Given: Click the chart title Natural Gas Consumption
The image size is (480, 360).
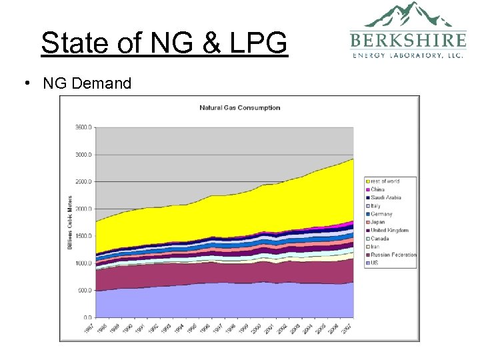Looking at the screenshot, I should [240, 108].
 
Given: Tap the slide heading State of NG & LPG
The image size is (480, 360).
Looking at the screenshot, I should [164, 43].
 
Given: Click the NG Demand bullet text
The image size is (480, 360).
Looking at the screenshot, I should [87, 83].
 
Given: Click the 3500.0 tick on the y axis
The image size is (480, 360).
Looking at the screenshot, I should [83, 127].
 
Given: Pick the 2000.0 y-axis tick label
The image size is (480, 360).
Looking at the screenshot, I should [83, 209].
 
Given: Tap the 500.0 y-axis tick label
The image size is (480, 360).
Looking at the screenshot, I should [85, 290].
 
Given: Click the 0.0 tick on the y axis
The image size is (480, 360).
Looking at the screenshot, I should [87, 317].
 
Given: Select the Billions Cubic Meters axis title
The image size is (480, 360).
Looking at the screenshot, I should [70, 223].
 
